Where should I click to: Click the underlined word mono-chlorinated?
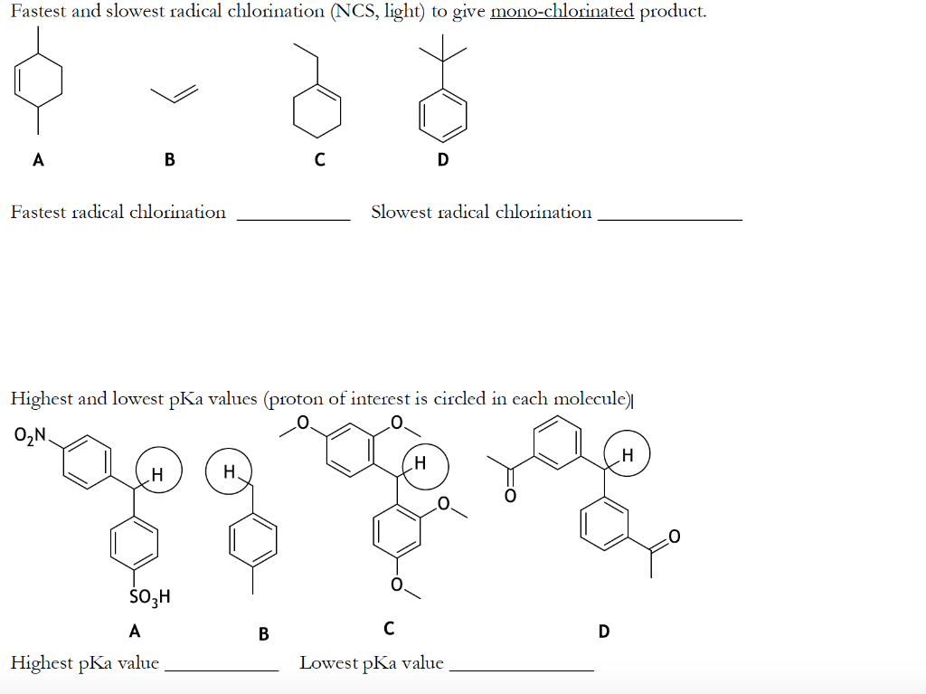(562, 12)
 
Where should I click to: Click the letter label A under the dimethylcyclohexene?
(37, 160)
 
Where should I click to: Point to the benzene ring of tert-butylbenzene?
(443, 115)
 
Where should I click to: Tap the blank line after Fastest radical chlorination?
(293, 218)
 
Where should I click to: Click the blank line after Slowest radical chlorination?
(670, 218)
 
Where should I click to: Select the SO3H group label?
(150, 597)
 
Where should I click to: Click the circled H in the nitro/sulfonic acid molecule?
(157, 472)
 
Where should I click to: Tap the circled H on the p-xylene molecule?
(229, 471)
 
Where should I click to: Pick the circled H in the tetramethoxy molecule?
(420, 463)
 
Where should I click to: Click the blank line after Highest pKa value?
(222, 669)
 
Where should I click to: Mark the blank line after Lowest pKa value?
(521, 669)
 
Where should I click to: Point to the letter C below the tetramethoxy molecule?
(389, 627)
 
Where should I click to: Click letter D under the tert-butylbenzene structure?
(442, 160)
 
